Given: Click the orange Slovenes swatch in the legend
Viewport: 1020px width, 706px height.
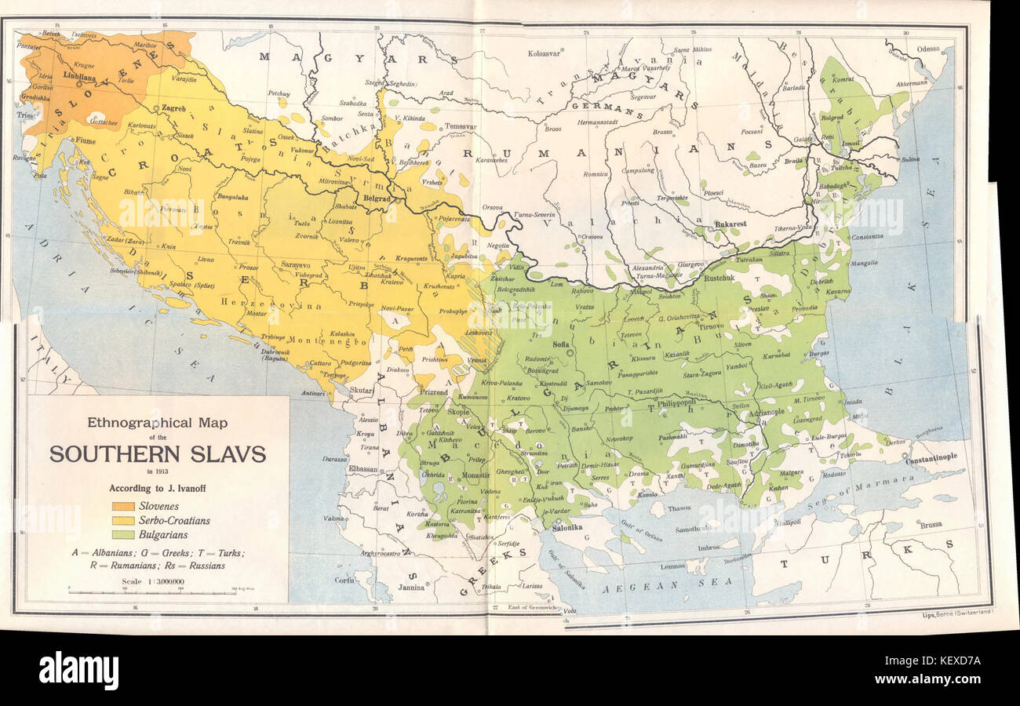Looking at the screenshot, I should [124, 506].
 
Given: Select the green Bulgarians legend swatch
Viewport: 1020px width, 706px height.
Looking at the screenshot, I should [124, 533].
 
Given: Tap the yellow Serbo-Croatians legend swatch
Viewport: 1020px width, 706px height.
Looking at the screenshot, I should [124, 520].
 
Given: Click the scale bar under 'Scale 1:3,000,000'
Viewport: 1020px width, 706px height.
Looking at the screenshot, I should [151, 591].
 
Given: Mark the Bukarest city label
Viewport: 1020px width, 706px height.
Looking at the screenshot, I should [730, 224].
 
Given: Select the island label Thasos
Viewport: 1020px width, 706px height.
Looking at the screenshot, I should [679, 508].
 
